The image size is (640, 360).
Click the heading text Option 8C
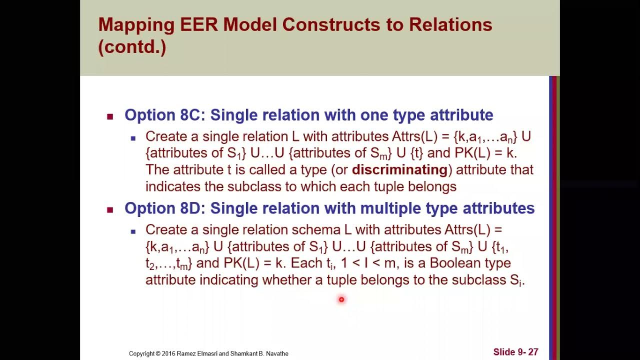[162, 115]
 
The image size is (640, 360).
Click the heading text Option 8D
[162, 208]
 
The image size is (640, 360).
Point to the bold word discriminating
[399, 169]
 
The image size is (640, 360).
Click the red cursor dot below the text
[341, 299]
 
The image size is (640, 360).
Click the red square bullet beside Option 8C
[110, 116]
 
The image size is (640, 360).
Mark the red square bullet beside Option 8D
[110, 209]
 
